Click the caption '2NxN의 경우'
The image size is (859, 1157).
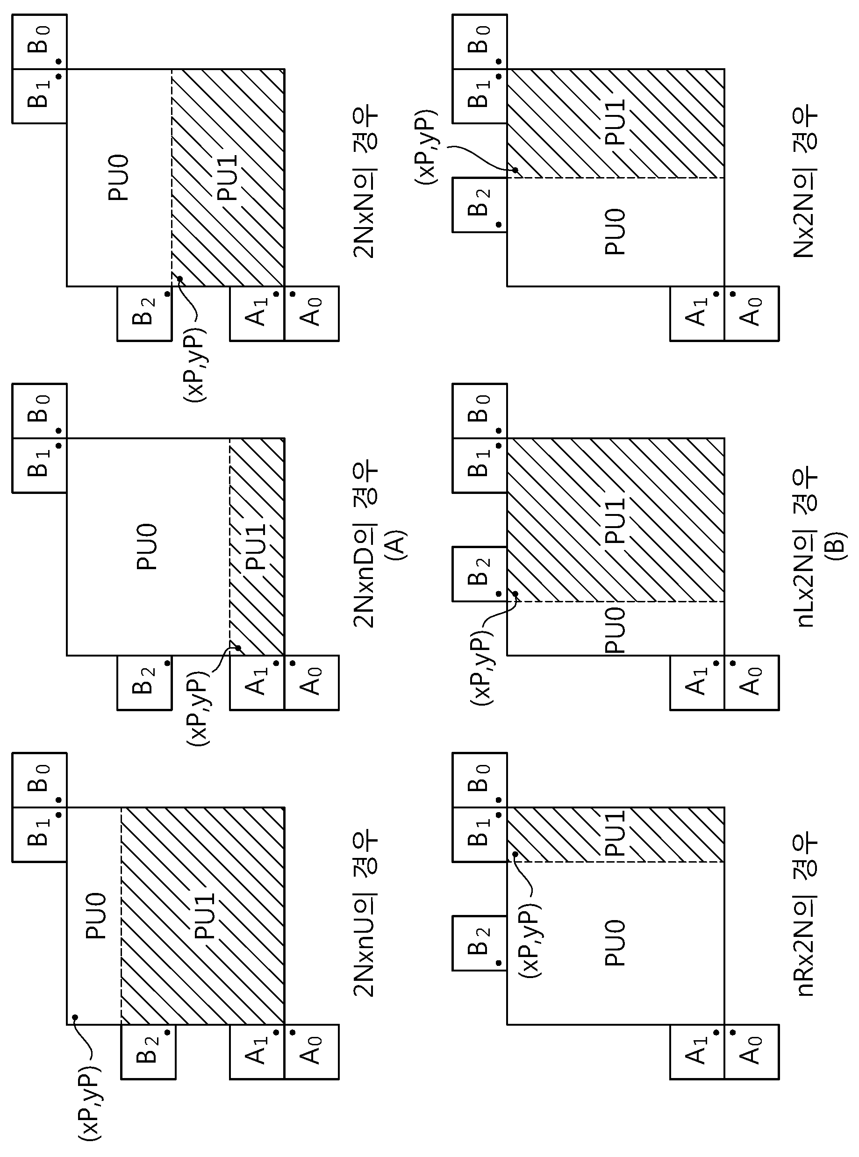365,184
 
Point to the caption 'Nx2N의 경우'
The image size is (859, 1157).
804,184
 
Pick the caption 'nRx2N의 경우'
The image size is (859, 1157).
804,916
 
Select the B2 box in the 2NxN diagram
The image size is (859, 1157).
144,314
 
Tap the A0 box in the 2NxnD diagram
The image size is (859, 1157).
311,682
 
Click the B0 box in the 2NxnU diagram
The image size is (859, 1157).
40,779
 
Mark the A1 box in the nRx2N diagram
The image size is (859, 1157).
697,1051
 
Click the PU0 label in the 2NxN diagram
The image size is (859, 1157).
119,177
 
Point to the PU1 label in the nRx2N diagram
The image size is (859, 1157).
616,834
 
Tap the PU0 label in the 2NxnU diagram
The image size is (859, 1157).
96,916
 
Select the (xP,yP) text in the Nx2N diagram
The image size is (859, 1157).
426,147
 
